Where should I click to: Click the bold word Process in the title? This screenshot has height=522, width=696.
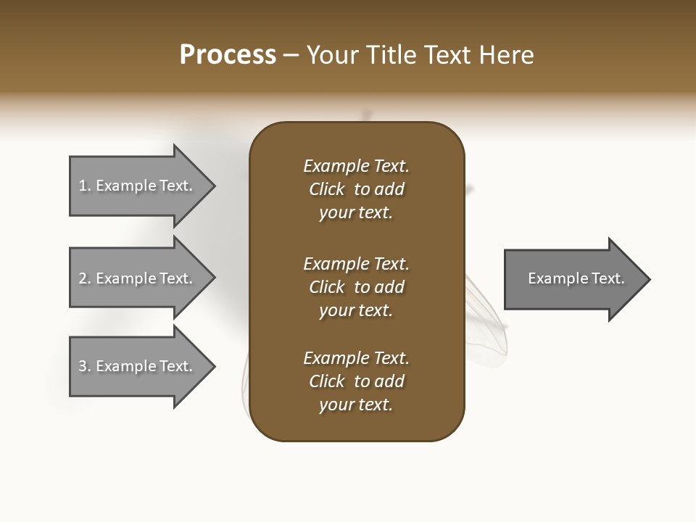[x=228, y=55]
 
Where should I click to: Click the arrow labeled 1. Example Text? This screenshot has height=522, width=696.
[x=138, y=186]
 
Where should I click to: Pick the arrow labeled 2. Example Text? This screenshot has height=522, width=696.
[x=138, y=278]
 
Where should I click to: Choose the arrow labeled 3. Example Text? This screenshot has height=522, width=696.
[x=138, y=366]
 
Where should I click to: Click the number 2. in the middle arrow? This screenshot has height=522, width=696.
[x=85, y=278]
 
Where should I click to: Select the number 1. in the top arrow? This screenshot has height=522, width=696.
[x=85, y=186]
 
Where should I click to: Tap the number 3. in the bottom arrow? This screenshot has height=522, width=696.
[x=85, y=366]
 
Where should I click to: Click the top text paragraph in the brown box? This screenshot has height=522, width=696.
[x=356, y=189]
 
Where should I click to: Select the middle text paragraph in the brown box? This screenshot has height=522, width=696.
[x=356, y=287]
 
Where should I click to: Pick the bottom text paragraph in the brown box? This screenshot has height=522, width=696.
[x=356, y=381]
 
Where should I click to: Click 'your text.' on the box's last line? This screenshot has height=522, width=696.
[x=356, y=405]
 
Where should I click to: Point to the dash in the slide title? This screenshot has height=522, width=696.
[x=291, y=55]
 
